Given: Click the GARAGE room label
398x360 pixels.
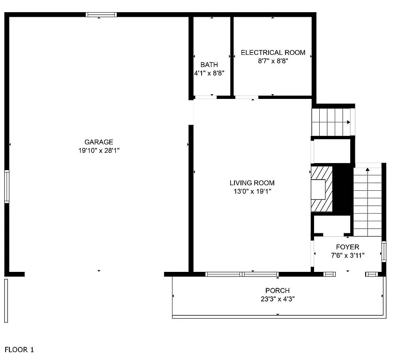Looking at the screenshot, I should tap(98, 142).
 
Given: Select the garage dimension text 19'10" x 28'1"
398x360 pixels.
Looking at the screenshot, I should tap(98, 150).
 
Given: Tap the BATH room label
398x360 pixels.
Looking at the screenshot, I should tap(209, 65).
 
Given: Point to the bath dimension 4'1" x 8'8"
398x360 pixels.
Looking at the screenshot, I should tap(209, 73).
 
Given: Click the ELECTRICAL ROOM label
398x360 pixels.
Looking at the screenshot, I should tap(273, 52).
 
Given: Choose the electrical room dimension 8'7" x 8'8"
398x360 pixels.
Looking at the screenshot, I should tap(273, 60).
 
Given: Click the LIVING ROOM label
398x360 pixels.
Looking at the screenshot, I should tap(252, 183).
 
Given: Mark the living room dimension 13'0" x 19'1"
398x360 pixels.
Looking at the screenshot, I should tap(252, 191).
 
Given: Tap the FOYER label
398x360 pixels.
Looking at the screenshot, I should tap(347, 247).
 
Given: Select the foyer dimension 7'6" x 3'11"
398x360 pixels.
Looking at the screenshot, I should tap(347, 255).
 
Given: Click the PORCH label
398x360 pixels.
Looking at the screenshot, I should tap(277, 291).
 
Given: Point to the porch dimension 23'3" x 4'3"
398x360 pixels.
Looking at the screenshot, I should tap(277, 299).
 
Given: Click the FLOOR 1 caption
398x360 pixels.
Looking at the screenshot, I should tap(19, 350).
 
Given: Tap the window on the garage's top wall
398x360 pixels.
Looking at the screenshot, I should tap(100, 15).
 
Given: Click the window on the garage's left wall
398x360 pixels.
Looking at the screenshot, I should tap(7, 187).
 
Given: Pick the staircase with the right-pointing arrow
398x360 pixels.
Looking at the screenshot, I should tap(331, 121).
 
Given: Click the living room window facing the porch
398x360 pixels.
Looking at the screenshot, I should tap(242, 274).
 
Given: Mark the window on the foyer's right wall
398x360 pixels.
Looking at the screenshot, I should tap(384, 251).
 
